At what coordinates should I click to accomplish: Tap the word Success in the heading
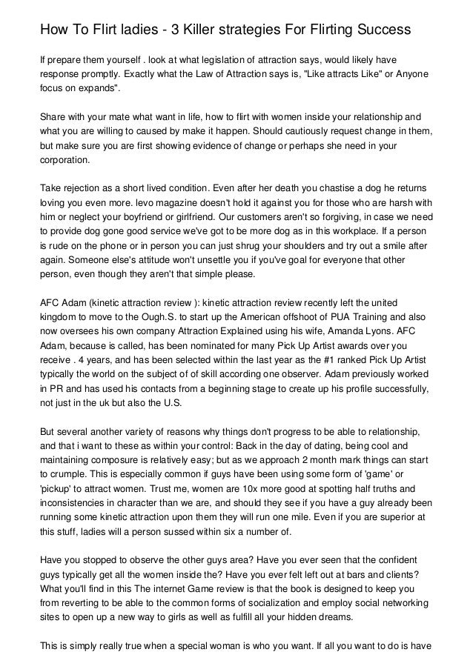(x=377, y=30)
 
